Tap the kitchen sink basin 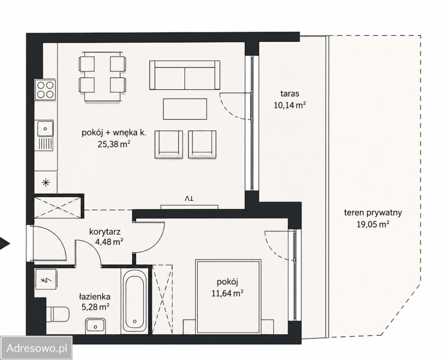click(x=45, y=129)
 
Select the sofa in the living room click(x=185, y=75)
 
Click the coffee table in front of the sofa click(x=185, y=109)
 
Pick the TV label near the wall click(x=189, y=198)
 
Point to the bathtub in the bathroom click(x=135, y=300)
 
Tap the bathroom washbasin click(x=96, y=326)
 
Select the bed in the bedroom click(x=228, y=296)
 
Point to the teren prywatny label click(x=373, y=213)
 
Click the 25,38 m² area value click(x=114, y=144)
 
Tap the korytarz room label click(x=105, y=231)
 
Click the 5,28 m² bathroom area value click(x=95, y=307)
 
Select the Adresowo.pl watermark click(x=36, y=348)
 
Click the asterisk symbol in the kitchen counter click(x=46, y=183)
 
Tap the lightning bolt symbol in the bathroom click(x=45, y=281)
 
